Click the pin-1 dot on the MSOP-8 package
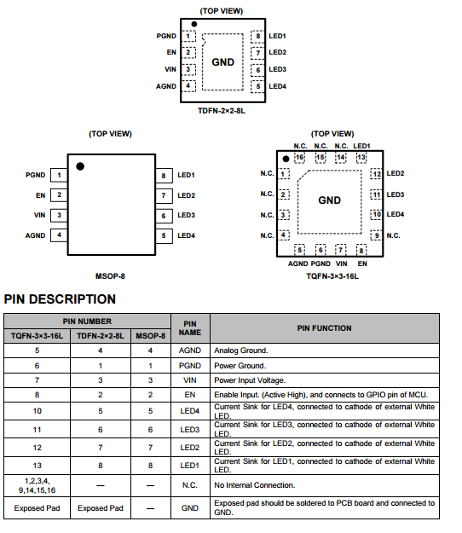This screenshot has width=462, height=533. pos(80,166)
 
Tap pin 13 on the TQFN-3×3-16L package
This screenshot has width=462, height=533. pos(361,158)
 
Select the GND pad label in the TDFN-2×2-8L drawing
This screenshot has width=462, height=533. pos(222,62)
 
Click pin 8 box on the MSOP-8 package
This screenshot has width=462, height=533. pos(164,176)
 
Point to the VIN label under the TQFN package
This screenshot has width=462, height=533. pos(342,264)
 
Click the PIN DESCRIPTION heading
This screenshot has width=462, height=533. pos(60,299)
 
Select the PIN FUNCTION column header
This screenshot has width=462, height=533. pos(325,328)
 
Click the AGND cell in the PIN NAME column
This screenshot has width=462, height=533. pos(190,351)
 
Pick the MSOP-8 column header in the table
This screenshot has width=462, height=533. pos(151,336)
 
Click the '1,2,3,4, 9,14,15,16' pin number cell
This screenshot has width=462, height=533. pos(37,485)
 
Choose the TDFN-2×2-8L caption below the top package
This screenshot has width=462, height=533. pos(222,111)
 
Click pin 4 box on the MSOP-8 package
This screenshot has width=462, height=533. pos(59,235)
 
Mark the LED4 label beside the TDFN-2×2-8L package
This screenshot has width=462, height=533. pos(277,86)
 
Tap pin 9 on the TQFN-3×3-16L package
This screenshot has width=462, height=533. pos(377,235)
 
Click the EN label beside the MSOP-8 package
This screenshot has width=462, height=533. pos(40,195)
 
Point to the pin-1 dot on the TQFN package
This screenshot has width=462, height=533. pos(286,159)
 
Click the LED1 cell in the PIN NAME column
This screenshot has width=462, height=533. pos(190,466)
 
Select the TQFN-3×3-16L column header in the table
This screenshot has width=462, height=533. pos(37,336)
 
